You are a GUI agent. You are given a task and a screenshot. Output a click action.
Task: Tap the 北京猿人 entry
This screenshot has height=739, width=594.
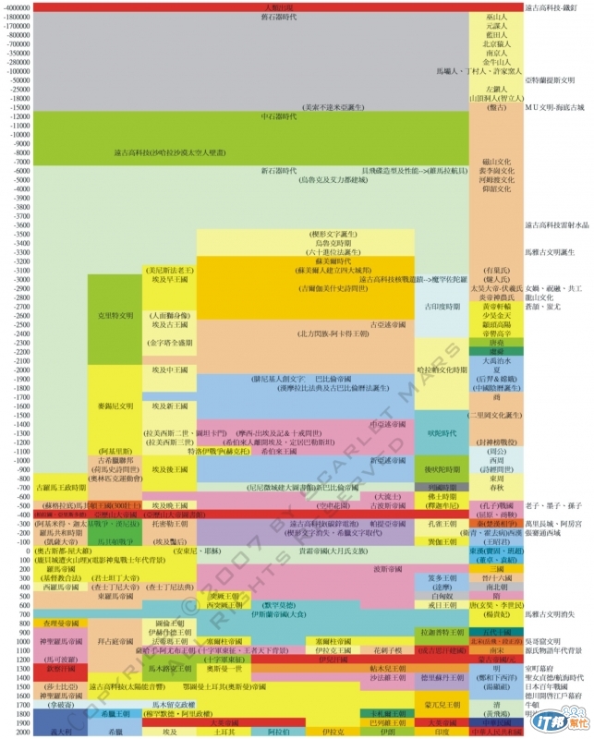pyautogui.click(x=496, y=43)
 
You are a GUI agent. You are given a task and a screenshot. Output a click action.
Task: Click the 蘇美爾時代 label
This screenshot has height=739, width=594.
pyautogui.click(x=330, y=261)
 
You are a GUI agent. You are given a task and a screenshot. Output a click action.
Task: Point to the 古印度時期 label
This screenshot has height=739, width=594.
pyautogui.click(x=440, y=306)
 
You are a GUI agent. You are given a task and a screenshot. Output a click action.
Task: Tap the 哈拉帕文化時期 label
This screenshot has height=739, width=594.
pyautogui.click(x=440, y=369)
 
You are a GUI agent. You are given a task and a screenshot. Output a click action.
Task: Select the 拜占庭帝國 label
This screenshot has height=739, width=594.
pyautogui.click(x=115, y=639)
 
